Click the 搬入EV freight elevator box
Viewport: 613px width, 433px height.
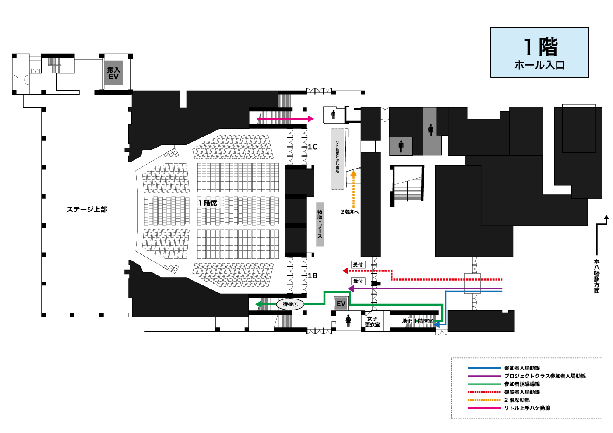pos(113,73)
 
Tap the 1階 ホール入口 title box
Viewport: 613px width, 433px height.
pos(539,52)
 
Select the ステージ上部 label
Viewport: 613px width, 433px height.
pos(87,209)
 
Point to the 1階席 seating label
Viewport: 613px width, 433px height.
pos(208,203)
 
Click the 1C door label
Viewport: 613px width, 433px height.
pos(313,147)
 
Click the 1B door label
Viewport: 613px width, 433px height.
pos(313,275)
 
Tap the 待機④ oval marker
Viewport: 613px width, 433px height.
pos(290,304)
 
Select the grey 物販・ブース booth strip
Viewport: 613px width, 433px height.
pos(320,225)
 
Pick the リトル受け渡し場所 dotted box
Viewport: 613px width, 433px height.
pos(337,159)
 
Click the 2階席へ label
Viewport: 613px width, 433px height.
pos(349,211)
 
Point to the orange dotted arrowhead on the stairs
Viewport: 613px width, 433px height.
pos(354,173)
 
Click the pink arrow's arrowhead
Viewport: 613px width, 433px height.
pos(311,119)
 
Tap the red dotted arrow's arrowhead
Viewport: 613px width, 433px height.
pos(345,271)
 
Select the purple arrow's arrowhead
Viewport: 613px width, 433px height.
pos(351,289)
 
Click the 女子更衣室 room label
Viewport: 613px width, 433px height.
pos(372,322)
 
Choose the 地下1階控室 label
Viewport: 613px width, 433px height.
pos(417,321)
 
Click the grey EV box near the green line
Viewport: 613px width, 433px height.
pos(341,303)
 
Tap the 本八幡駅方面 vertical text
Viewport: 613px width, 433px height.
pos(597,276)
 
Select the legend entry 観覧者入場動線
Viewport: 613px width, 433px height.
pos(522,392)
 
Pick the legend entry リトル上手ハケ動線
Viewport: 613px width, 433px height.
pos(527,408)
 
